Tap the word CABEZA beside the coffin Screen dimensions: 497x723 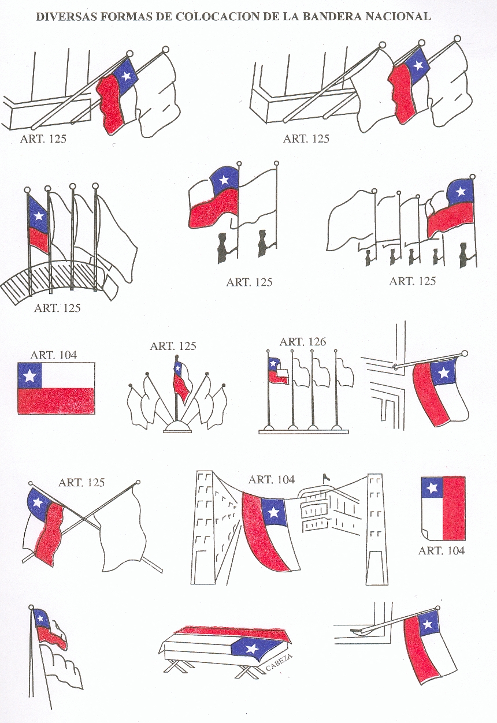coord(279,663)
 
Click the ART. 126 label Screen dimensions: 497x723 coord(303,341)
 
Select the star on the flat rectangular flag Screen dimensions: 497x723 coord(29,375)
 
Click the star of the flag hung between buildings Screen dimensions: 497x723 coord(273,512)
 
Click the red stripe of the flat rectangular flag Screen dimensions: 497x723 coord(56,401)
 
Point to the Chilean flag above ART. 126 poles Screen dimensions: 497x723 coord(277,371)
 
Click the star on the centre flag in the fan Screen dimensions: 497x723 coord(177,367)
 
